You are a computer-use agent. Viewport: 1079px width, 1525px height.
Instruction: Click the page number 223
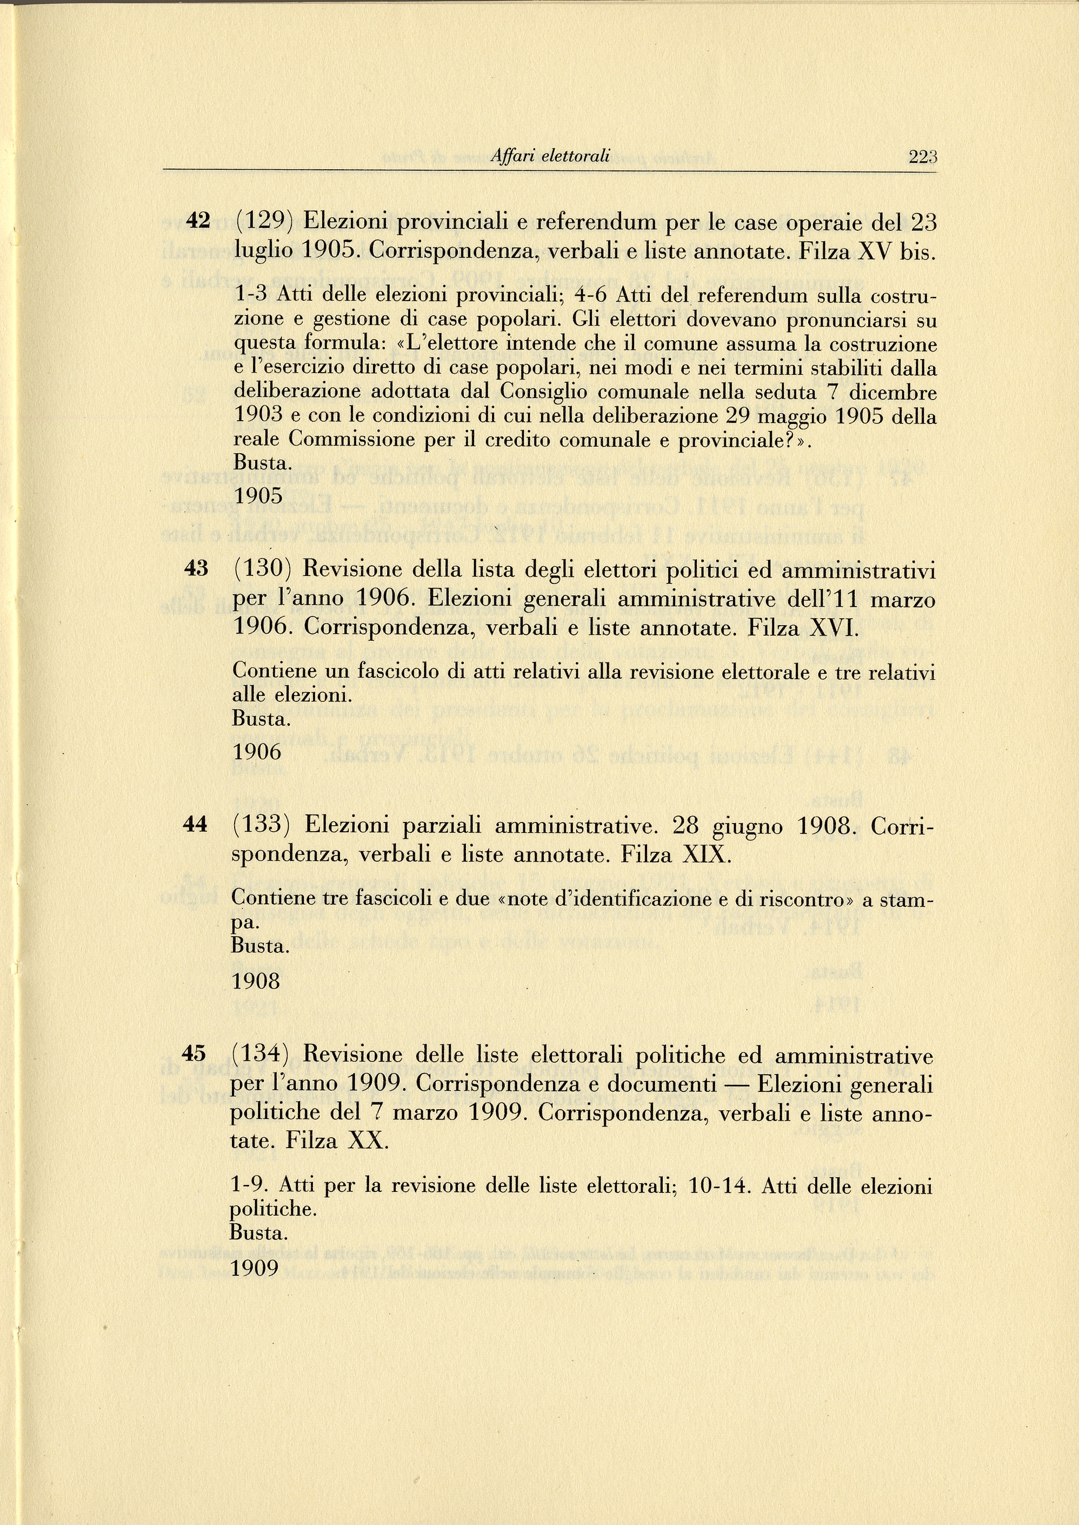click(922, 157)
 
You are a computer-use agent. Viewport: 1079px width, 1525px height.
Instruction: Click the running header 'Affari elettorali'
click(549, 157)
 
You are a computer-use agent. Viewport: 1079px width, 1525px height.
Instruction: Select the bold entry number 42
click(197, 221)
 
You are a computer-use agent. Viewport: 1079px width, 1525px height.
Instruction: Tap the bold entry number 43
click(196, 568)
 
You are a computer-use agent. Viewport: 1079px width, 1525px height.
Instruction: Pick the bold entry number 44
click(195, 825)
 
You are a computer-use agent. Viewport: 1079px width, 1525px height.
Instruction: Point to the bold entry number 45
click(194, 1054)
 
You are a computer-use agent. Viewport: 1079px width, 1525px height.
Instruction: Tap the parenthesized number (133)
click(262, 825)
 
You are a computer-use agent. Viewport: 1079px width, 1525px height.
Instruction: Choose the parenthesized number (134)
click(261, 1055)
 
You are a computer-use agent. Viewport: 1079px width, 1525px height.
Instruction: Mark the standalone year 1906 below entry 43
click(257, 752)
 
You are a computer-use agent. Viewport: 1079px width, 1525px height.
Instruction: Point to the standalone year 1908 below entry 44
click(256, 982)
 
